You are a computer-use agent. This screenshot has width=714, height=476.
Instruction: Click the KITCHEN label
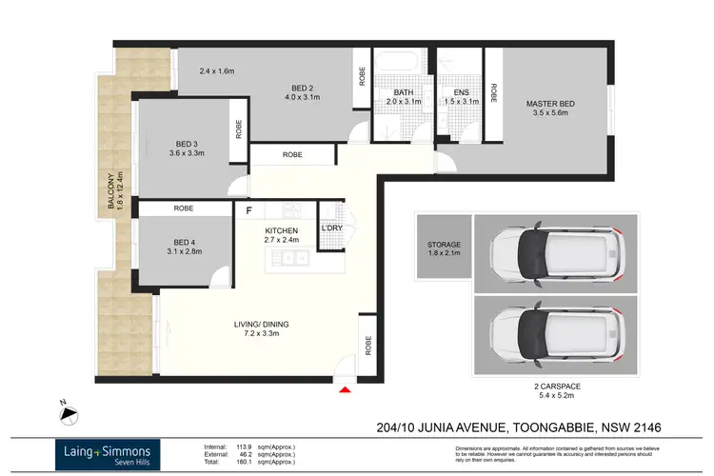point(282,230)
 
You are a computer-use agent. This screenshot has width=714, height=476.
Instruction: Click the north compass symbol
point(67,412)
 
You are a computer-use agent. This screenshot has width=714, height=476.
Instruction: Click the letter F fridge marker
point(248,211)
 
